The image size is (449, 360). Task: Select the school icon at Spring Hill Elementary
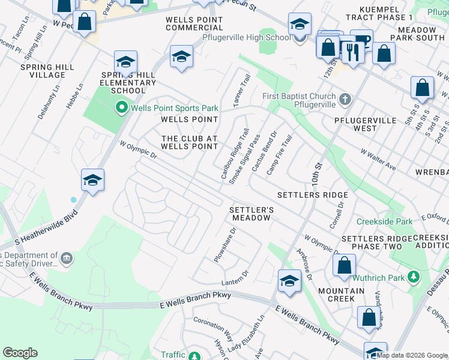tap(126, 62)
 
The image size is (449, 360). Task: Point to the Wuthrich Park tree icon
tap(413, 277)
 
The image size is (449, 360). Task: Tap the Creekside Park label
tap(384, 221)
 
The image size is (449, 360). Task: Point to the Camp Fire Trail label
tap(279, 155)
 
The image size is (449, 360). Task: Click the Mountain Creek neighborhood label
tap(341, 295)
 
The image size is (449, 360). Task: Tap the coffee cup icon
tap(361, 41)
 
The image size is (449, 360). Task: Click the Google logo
tap(20, 353)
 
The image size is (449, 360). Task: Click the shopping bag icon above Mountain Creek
tap(345, 265)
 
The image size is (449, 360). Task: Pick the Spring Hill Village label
tap(43, 71)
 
